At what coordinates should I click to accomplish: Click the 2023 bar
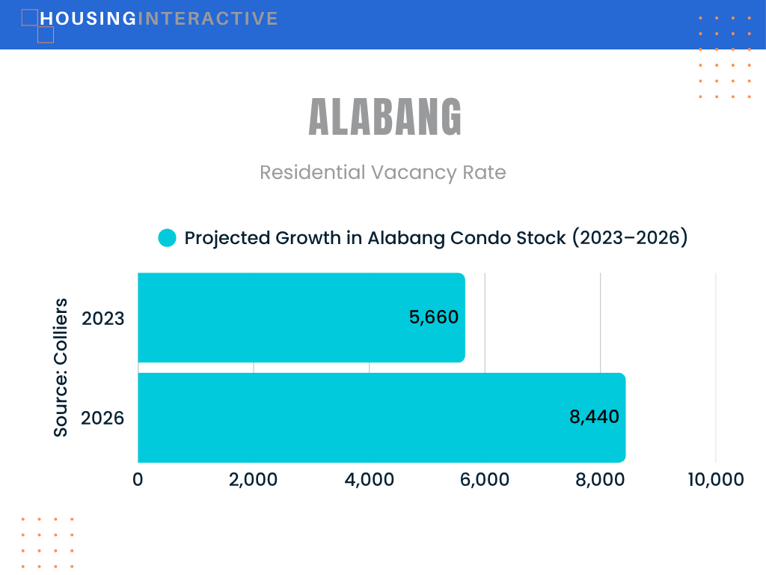[301, 317]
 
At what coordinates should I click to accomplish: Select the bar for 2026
[382, 418]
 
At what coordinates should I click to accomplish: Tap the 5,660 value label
[434, 317]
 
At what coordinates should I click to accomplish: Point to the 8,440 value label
[594, 417]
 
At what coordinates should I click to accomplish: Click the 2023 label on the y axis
[103, 319]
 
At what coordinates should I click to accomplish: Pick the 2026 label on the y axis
[102, 419]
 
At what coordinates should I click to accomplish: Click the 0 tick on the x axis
[138, 480]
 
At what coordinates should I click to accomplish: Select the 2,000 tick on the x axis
[253, 480]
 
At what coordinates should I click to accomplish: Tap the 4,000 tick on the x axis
[370, 480]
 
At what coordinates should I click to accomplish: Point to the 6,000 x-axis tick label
[485, 480]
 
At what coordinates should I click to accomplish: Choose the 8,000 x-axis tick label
[600, 480]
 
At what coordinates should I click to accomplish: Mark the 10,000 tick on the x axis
[716, 480]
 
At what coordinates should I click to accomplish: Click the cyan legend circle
[167, 238]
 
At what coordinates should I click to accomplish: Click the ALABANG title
[385, 117]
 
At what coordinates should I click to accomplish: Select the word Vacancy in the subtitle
[414, 173]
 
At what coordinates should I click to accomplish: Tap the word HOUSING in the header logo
[88, 19]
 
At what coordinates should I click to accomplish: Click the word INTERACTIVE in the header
[208, 19]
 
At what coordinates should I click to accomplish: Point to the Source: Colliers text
[61, 367]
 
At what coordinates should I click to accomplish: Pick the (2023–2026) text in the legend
[630, 237]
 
